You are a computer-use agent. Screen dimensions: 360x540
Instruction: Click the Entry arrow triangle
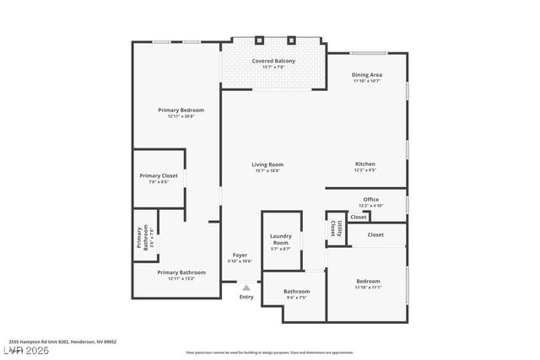pos(246,287)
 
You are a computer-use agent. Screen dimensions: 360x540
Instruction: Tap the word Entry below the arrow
pos(246,297)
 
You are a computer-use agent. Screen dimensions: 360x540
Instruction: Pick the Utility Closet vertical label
pos(335,228)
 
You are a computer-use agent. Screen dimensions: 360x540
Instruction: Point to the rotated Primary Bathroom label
pos(143,239)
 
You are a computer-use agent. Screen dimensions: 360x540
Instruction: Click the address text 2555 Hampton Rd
pos(68,341)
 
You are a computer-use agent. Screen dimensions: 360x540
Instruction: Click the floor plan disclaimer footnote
pos(270,352)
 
